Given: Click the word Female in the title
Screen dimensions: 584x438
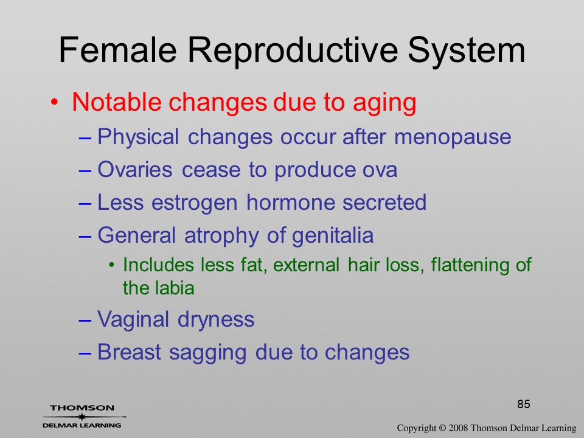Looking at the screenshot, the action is tap(117, 50).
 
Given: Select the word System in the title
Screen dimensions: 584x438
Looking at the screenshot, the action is tap(467, 51).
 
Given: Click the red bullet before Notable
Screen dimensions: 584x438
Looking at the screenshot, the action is tap(55, 102).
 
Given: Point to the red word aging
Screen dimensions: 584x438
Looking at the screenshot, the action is tap(384, 103).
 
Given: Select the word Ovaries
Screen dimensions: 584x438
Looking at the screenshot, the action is tap(135, 170).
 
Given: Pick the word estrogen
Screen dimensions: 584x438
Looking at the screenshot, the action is tap(195, 204).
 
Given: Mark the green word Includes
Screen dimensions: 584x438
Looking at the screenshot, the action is tap(159, 265).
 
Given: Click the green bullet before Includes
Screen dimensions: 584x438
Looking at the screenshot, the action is tap(111, 265).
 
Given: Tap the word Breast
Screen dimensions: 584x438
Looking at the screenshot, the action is tap(129, 352).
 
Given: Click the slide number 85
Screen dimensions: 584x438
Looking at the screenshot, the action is tap(524, 404).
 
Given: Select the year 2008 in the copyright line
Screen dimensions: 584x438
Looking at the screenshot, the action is tap(459, 428).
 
